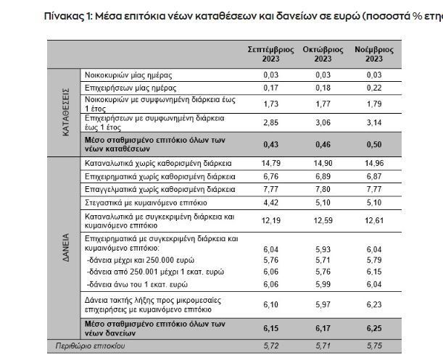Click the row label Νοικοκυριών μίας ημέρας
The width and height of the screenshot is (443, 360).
click(x=128, y=75)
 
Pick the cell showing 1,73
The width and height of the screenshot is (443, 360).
click(x=270, y=104)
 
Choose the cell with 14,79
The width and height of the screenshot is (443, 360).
click(x=270, y=164)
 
